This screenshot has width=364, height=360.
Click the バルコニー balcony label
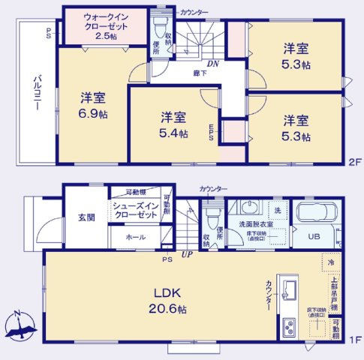point(35,93)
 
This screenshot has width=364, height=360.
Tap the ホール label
point(137,238)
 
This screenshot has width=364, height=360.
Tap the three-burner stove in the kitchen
point(289,327)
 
